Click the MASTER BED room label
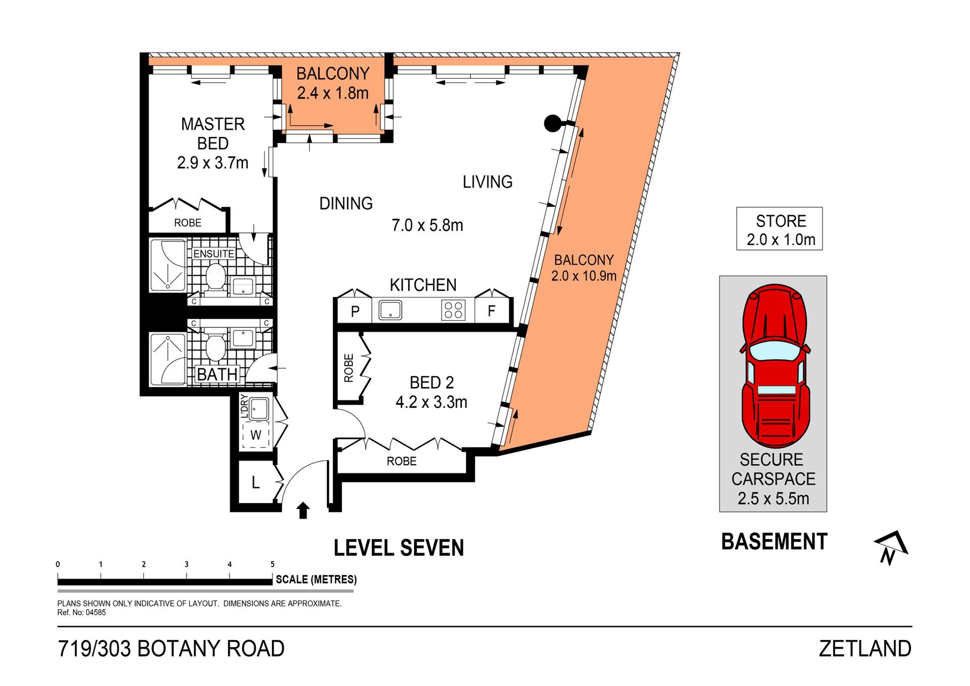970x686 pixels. (213, 133)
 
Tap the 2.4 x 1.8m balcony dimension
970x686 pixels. (332, 93)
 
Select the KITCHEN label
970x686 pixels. (423, 285)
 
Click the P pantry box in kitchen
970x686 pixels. (355, 311)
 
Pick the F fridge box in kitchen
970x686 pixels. (492, 311)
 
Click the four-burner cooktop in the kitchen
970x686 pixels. (453, 310)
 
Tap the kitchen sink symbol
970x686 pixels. (390, 310)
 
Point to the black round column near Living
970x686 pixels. (552, 123)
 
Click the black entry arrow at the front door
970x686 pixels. (303, 510)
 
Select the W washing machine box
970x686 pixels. (256, 435)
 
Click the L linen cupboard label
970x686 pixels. (256, 483)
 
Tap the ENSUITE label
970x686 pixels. (214, 254)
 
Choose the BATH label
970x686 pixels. (217, 374)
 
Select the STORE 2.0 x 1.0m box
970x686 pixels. (780, 229)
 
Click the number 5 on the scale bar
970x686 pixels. (272, 564)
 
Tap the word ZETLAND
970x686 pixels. (864, 649)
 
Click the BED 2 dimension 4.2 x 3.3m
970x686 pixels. (431, 402)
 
